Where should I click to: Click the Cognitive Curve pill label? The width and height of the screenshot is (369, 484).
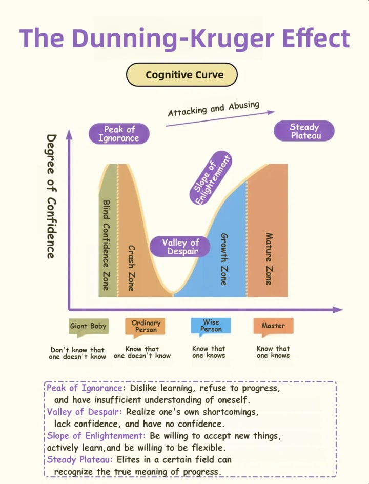coord(182,75)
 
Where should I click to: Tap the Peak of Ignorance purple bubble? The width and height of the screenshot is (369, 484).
coord(118,134)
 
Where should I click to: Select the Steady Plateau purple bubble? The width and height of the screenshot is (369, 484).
coord(304,131)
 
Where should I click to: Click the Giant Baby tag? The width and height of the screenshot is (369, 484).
coord(88,327)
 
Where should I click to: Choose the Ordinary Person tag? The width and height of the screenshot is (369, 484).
coord(146,327)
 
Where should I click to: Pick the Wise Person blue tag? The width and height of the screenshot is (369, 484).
coord(211,326)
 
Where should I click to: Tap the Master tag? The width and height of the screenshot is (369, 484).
coord(273,326)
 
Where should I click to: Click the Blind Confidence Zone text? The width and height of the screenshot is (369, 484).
coord(106,245)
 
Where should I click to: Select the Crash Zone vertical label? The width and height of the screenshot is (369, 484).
coord(131,268)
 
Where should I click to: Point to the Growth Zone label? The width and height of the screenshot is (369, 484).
coord(224,259)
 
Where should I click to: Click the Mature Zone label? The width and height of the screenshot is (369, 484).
coord(268,259)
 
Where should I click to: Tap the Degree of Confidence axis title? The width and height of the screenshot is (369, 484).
coord(51,196)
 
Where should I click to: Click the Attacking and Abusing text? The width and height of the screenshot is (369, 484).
coord(214,109)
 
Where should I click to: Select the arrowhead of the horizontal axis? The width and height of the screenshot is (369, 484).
coord(338,310)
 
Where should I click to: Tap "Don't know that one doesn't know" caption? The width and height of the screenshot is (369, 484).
coord(77,353)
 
